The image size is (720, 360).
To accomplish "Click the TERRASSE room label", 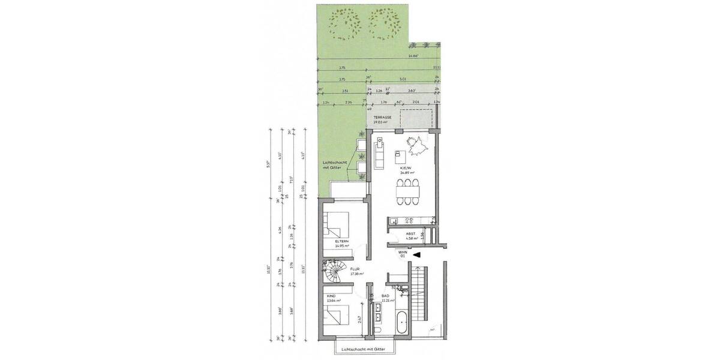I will (382, 118).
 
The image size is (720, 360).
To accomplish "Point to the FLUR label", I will (355, 269).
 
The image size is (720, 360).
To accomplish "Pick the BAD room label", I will (385, 297).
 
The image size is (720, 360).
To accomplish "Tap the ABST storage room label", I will (411, 234).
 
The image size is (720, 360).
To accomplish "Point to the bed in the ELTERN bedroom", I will (335, 227).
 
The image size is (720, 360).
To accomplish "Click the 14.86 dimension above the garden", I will (412, 56).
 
